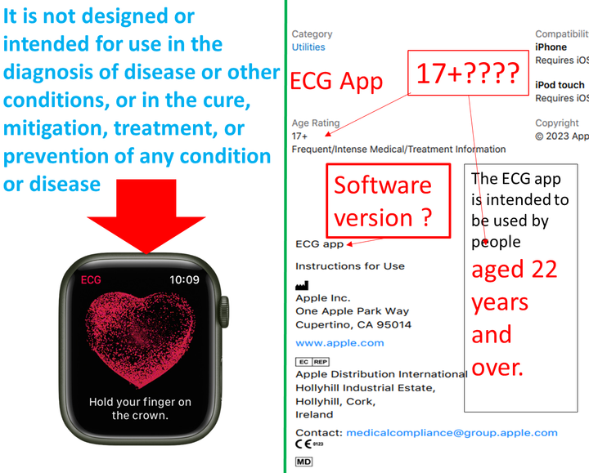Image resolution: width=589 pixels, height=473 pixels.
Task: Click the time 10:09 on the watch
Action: pyautogui.click(x=185, y=280)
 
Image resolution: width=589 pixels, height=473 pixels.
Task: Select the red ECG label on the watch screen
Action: pyautogui.click(x=92, y=280)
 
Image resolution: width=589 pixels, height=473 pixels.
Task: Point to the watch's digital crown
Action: pyautogui.click(x=222, y=313)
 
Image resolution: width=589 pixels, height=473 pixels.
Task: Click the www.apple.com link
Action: pyautogui.click(x=339, y=343)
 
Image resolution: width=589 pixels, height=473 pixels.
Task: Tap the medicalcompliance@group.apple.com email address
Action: pyautogui.click(x=452, y=433)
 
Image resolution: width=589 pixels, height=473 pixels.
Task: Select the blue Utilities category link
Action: pyautogui.click(x=308, y=47)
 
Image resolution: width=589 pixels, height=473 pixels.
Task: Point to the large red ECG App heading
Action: pyautogui.click(x=337, y=82)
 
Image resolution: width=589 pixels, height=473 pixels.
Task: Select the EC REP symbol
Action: pyautogui.click(x=312, y=361)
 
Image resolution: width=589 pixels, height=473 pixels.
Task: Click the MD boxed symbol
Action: pyautogui.click(x=303, y=462)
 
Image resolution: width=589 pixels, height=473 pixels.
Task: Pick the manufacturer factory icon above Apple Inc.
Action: pyautogui.click(x=302, y=286)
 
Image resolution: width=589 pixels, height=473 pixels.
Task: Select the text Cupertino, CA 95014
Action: pyautogui.click(x=353, y=324)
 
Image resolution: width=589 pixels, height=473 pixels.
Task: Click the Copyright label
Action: pyautogui.click(x=557, y=124)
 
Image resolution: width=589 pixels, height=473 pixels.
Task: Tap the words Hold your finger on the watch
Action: pyautogui.click(x=140, y=402)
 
